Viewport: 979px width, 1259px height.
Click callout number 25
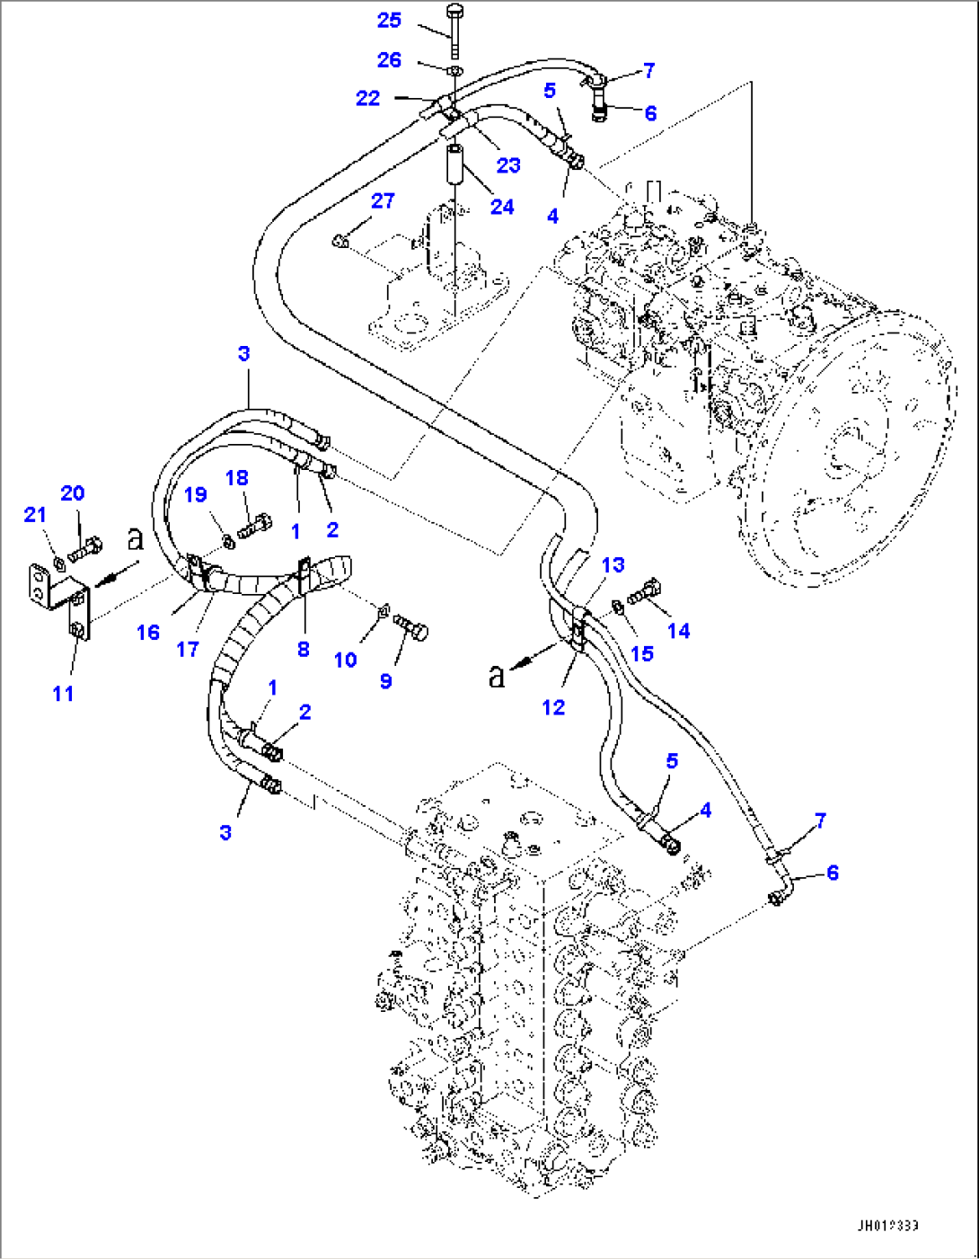389,20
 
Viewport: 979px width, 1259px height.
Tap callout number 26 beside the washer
389,59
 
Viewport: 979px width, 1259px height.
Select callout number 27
383,200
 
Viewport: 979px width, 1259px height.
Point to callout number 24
502,207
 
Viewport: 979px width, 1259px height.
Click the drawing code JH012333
887,1226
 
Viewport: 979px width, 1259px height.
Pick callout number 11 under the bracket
63,693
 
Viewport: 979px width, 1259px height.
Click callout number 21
34,514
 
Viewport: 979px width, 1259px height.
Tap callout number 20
73,492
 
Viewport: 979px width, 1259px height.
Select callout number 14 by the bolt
678,631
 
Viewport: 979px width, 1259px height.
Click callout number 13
613,564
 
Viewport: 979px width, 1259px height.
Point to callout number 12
553,707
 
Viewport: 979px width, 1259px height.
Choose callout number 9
385,680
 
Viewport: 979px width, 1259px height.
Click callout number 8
304,649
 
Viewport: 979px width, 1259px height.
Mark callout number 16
148,632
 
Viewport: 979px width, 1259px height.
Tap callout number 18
237,477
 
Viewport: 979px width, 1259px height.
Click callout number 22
368,98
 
